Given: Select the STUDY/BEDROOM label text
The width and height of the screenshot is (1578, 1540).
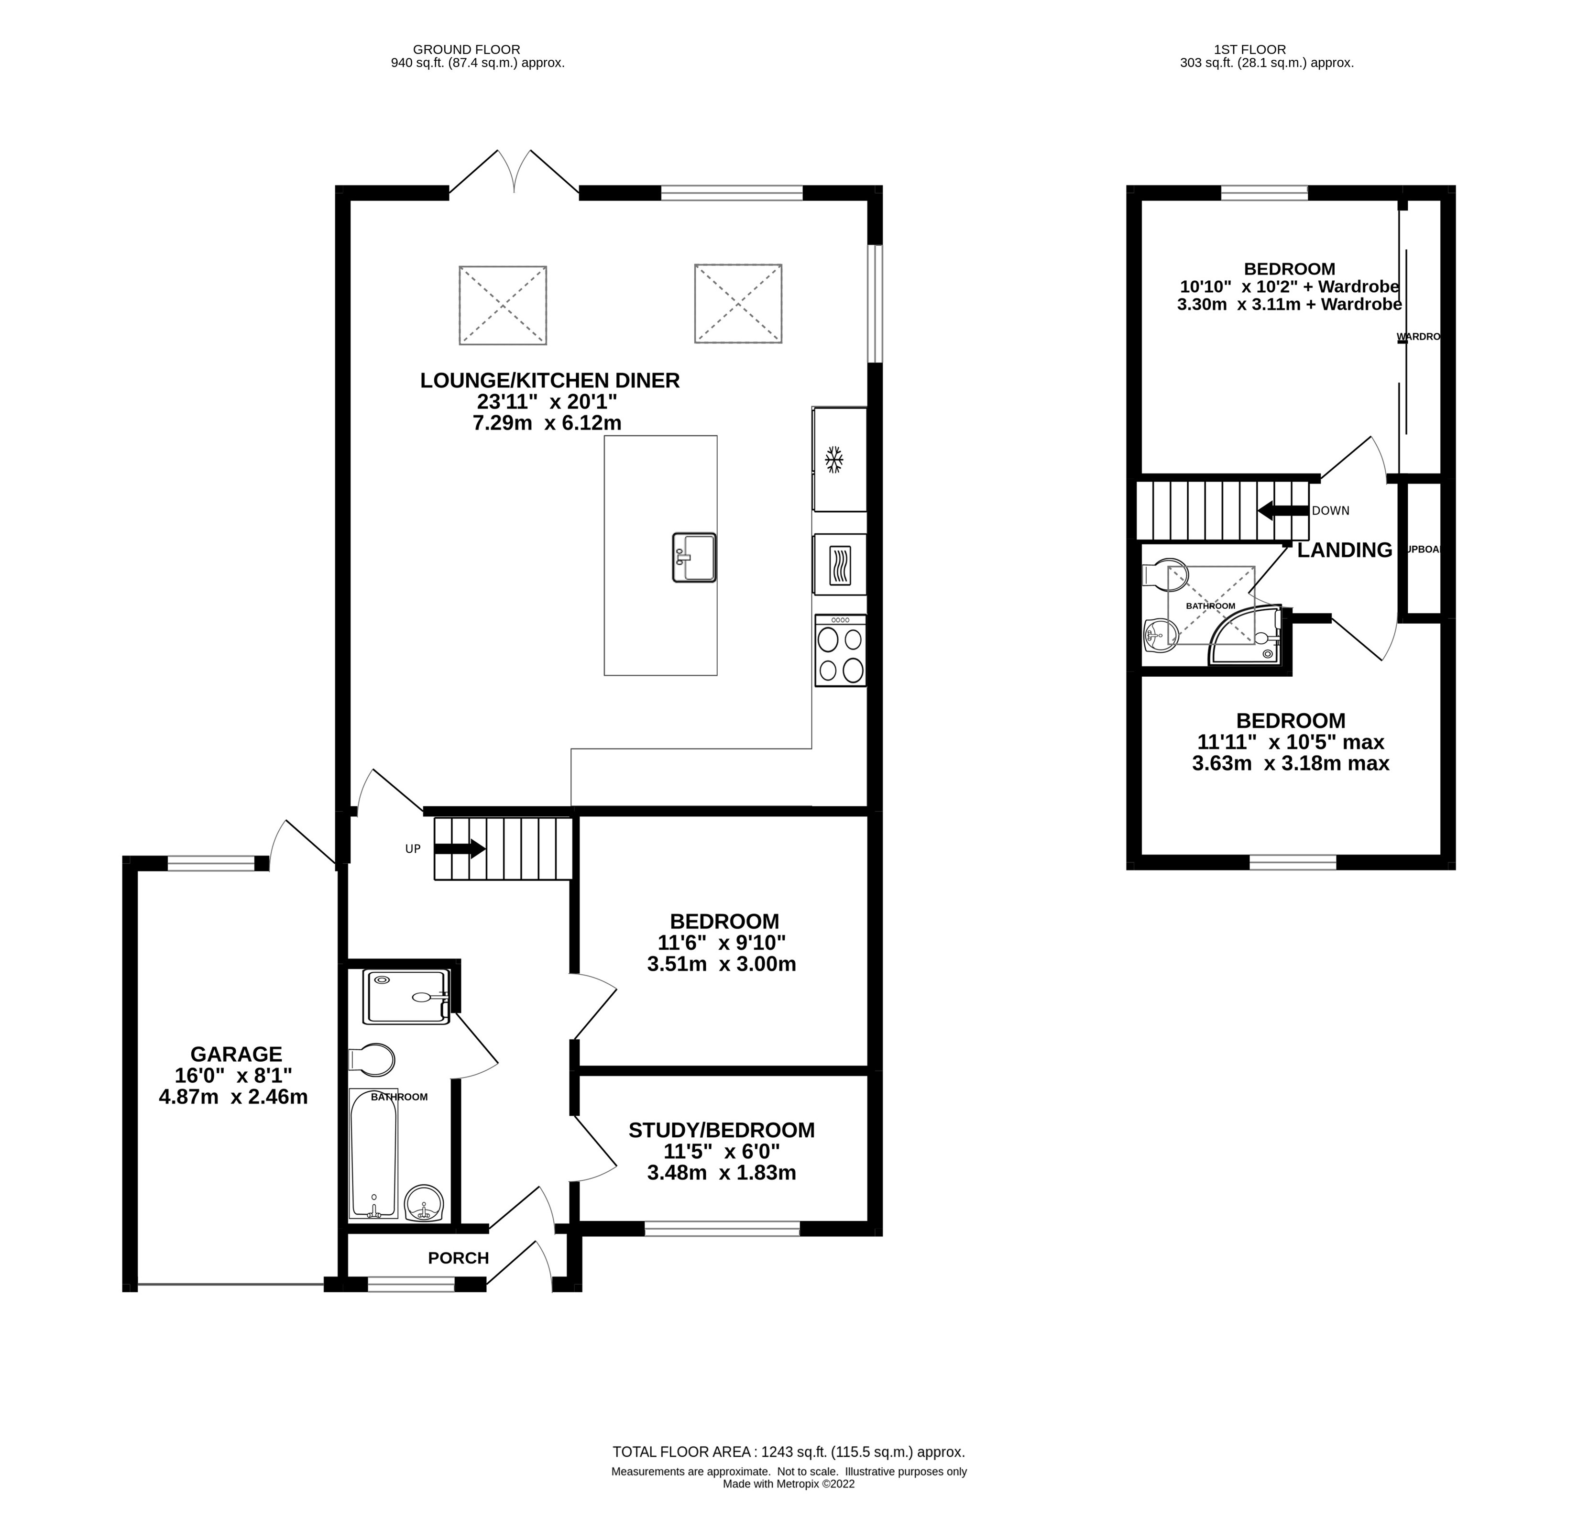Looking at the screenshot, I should click(x=722, y=1130).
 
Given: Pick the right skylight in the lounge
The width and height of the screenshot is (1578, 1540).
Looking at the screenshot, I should click(x=738, y=303).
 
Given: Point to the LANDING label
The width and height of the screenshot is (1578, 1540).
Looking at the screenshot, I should click(x=1344, y=550).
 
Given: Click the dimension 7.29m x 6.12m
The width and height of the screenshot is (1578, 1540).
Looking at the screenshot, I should click(x=547, y=422).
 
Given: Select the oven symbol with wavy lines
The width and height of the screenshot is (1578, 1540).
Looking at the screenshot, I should click(x=840, y=564).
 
